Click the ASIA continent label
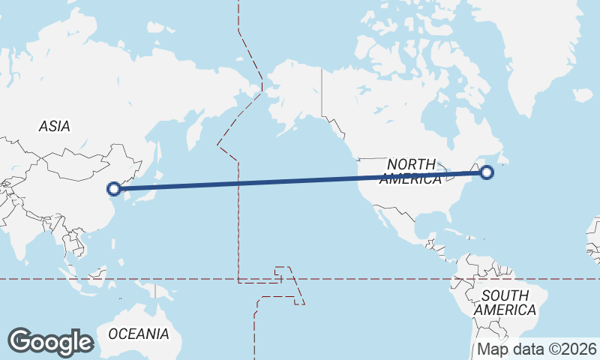[54, 127]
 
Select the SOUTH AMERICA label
[505, 302]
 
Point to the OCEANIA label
[139, 333]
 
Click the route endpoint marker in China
[114, 189]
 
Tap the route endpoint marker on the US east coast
[487, 172]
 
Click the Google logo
[50, 342]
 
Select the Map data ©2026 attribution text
[537, 349]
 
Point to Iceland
[583, 95]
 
